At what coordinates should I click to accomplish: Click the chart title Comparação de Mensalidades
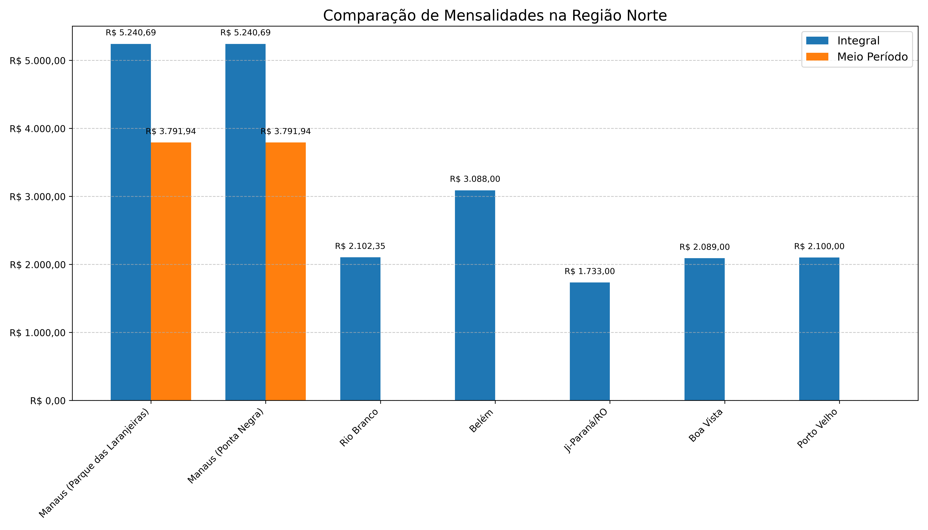tap(494, 16)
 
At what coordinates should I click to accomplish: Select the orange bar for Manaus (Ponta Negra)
tap(285, 271)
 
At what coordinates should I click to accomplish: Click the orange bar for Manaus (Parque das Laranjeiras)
tap(171, 271)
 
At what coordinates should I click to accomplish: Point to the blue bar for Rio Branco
tap(360, 329)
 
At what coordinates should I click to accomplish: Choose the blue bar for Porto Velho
tap(819, 329)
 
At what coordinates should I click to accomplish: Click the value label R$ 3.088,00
tap(475, 179)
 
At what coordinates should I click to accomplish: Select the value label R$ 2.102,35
tap(360, 246)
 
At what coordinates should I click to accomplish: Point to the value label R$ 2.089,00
tap(704, 247)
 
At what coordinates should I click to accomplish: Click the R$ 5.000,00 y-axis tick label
tap(38, 61)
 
